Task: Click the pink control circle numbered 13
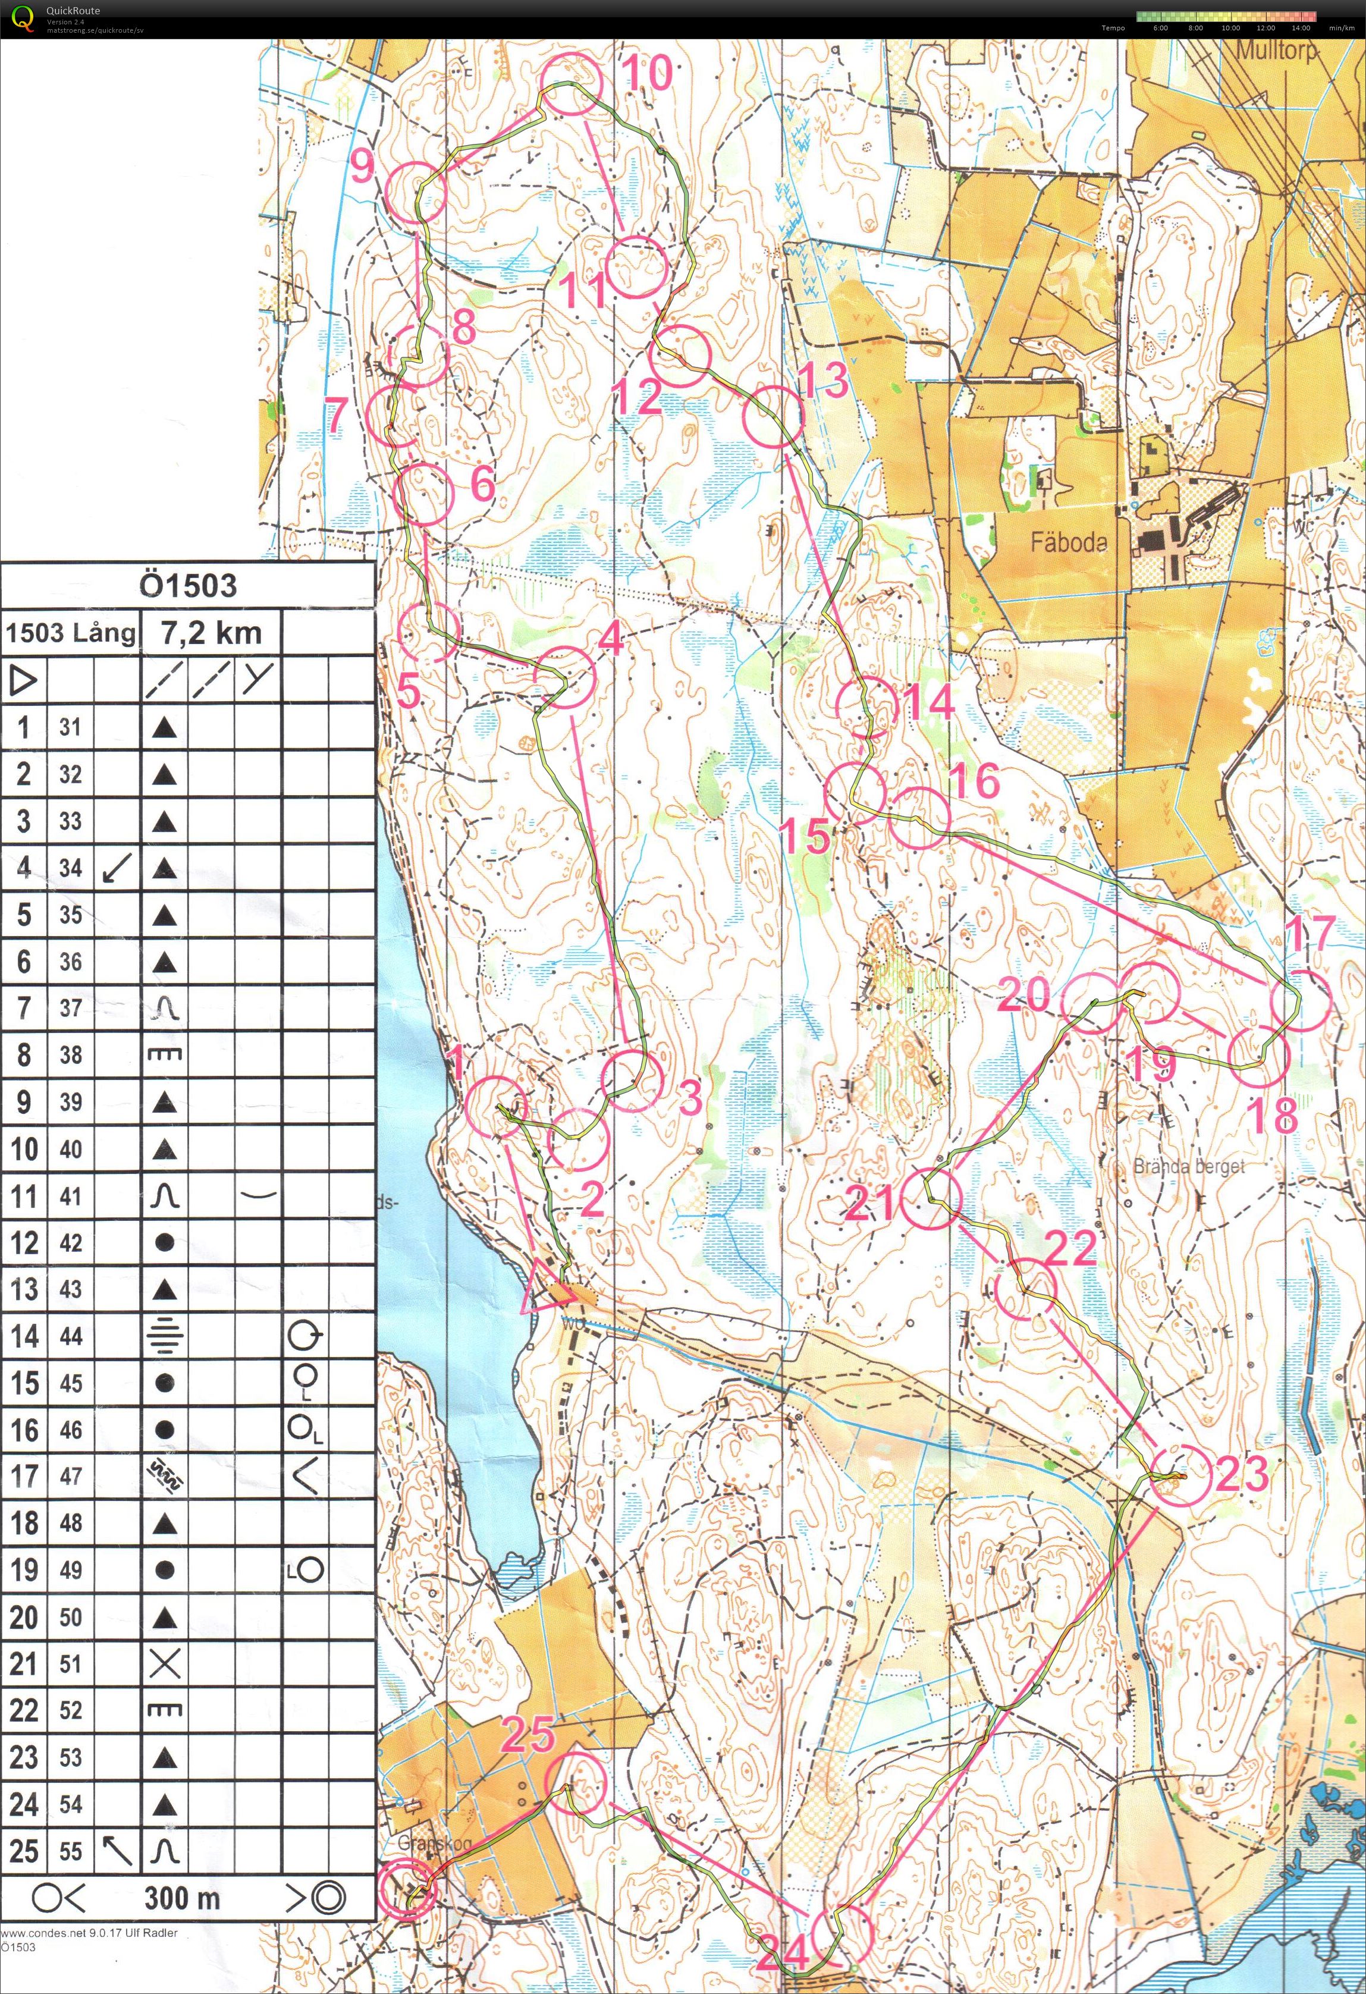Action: click(x=773, y=417)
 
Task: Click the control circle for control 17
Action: click(x=1300, y=1000)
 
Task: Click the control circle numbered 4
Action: click(x=564, y=677)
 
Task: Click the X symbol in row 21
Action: click(x=164, y=1665)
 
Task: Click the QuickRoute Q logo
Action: click(x=23, y=19)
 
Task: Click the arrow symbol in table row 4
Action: click(x=116, y=868)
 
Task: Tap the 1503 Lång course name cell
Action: click(x=70, y=633)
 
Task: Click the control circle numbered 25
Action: click(x=576, y=1782)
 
